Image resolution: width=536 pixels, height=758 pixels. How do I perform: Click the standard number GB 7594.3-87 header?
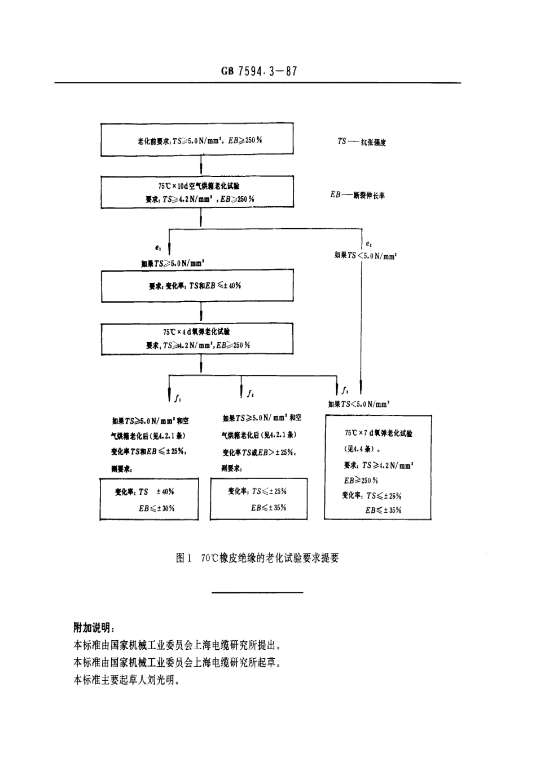(x=259, y=71)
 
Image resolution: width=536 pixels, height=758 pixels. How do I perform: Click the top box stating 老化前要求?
(x=197, y=140)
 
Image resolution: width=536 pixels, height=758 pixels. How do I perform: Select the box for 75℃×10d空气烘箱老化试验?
(x=197, y=192)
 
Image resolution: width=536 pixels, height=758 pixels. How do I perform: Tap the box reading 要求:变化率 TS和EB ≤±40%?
(x=197, y=286)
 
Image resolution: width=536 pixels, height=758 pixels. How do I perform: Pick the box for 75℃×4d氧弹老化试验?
(x=197, y=338)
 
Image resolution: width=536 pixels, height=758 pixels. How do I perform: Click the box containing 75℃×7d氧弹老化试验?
(x=378, y=468)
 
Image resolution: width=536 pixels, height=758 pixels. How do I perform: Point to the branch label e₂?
(x=368, y=243)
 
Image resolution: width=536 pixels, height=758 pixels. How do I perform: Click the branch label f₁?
(x=178, y=398)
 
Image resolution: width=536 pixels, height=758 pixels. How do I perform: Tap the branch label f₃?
(x=345, y=389)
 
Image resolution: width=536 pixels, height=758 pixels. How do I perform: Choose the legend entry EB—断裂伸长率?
(x=358, y=195)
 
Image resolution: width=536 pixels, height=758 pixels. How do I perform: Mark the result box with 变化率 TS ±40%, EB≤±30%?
(x=149, y=499)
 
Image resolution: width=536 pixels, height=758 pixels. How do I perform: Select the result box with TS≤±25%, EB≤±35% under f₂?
(x=259, y=499)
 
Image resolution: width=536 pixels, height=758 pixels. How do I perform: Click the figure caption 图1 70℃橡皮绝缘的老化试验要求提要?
(x=258, y=558)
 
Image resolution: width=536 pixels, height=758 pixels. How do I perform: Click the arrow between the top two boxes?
(x=201, y=166)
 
